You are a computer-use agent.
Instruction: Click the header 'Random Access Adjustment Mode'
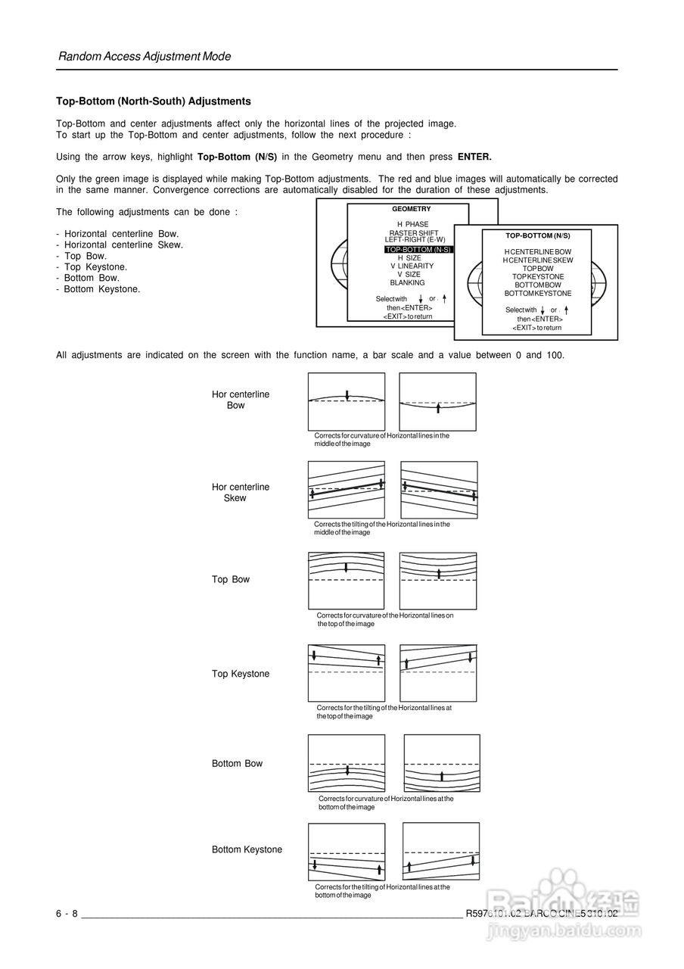click(x=145, y=57)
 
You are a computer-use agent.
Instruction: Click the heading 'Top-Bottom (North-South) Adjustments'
click(x=154, y=101)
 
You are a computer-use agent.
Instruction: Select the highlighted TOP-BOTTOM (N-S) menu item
click(x=418, y=249)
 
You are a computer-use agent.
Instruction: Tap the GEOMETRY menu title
click(x=411, y=209)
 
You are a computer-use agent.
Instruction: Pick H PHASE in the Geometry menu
click(x=412, y=224)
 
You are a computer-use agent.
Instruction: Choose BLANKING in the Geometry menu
click(x=407, y=282)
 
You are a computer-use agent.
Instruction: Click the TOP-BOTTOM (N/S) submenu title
click(x=537, y=236)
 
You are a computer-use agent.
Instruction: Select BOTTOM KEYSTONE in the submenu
click(x=538, y=293)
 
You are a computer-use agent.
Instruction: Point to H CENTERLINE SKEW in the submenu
click(x=538, y=260)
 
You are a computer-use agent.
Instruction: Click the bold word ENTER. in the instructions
click(x=474, y=157)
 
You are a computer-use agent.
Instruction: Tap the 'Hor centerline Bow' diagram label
click(x=240, y=400)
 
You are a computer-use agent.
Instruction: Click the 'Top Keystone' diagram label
click(x=240, y=674)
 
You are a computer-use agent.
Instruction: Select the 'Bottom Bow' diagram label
click(x=237, y=764)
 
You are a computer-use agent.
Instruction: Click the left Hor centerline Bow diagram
click(x=347, y=401)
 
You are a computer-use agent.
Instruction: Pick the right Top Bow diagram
click(x=438, y=581)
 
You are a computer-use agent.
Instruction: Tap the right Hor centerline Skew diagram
click(x=439, y=490)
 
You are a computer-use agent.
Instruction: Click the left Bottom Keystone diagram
click(x=347, y=851)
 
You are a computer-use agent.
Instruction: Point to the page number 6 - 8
click(x=67, y=914)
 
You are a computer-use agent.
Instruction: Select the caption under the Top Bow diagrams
click(x=384, y=619)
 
